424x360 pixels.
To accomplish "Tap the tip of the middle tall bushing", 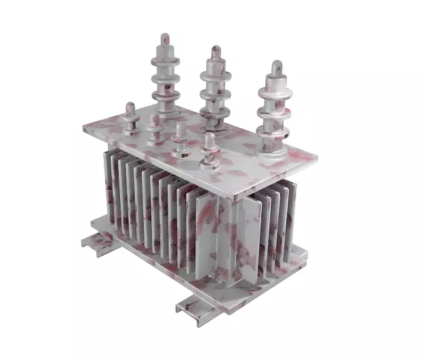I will [x=216, y=49].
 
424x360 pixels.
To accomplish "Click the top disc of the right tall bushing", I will [x=275, y=89].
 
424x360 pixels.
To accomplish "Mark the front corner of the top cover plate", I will [x=233, y=196].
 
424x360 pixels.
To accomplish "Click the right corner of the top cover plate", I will [x=317, y=157].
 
